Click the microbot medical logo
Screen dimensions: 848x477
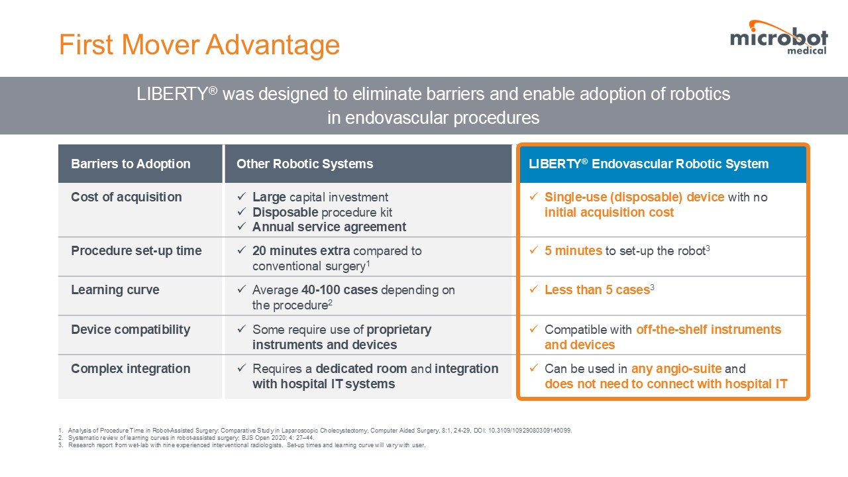[x=778, y=38]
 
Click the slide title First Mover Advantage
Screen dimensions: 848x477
[x=199, y=44]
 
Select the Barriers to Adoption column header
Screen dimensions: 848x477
[x=131, y=164]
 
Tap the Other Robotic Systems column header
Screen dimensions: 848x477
[x=305, y=164]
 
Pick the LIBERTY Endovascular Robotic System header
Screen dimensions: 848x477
[x=649, y=164]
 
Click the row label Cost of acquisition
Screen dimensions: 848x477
[x=127, y=197]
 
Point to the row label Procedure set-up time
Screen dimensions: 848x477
[x=136, y=250]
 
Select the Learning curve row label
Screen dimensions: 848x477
[x=115, y=290]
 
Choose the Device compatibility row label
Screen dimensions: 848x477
[x=131, y=329]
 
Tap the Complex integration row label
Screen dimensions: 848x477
[x=131, y=368]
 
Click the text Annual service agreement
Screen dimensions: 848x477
[x=329, y=227]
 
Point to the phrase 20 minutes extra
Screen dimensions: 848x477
[x=301, y=250]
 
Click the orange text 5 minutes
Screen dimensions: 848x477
[x=573, y=250]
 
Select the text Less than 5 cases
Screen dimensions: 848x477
[x=597, y=290]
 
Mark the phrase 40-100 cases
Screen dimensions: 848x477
[x=340, y=290]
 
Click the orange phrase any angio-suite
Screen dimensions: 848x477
[x=676, y=368]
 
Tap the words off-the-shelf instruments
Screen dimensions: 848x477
[x=709, y=329]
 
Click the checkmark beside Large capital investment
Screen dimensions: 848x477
[x=242, y=197]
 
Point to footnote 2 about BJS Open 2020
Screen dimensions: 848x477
[x=186, y=438]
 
